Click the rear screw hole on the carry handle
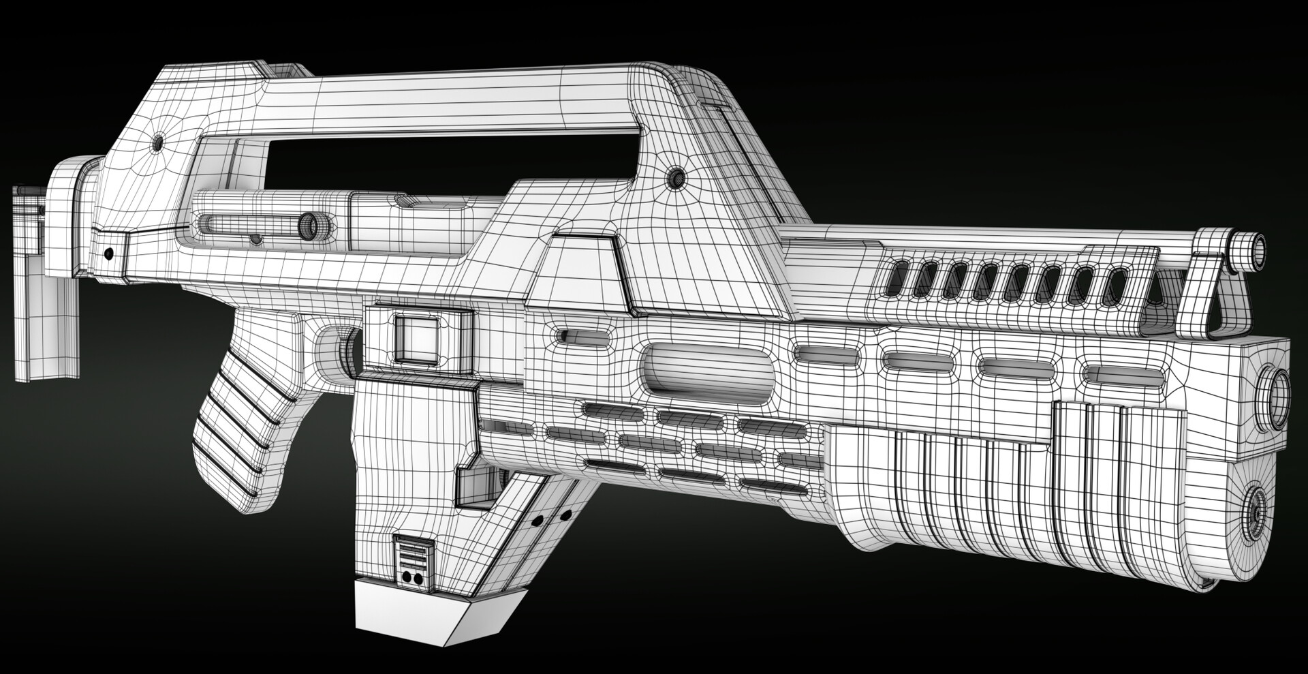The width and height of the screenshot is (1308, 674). pos(158,143)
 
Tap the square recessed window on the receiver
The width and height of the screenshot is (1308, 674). pos(417,338)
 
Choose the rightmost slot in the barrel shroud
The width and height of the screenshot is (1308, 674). pos(1115,285)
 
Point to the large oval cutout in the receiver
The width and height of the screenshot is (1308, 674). pos(708,367)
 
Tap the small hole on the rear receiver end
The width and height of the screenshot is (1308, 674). pos(108,254)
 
